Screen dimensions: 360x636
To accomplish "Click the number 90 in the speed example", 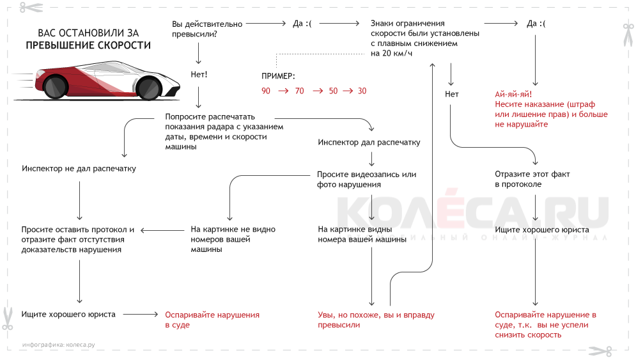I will pos(266,91).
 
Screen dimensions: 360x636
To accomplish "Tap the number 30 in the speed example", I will pos(362,91).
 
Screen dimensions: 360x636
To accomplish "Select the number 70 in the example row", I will pos(300,91).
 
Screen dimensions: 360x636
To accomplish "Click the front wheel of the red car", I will pos(148,87).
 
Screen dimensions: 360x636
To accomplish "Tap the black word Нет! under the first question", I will pos(199,75).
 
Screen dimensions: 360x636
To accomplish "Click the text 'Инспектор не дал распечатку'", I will pos(79,169).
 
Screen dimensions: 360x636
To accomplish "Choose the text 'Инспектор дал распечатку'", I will pos(369,143).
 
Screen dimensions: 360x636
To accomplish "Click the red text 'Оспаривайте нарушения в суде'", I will pos(212,320).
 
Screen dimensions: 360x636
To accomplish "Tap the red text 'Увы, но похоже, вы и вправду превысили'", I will pos(376,320).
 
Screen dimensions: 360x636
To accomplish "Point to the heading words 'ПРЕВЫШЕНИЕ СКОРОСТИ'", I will pos(88,46).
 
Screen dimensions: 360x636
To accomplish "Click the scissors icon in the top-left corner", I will pos(29,8).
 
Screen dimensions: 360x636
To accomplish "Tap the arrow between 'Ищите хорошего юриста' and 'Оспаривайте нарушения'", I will pos(139,315).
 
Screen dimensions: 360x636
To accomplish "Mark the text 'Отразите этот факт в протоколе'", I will pos(532,179).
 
